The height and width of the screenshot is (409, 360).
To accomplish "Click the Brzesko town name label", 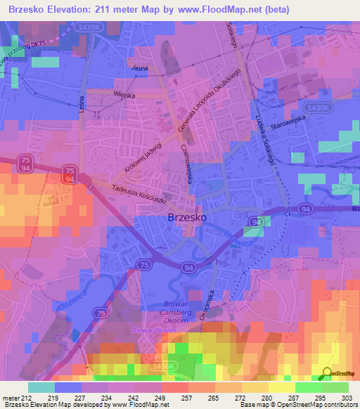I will pos(188,219).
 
